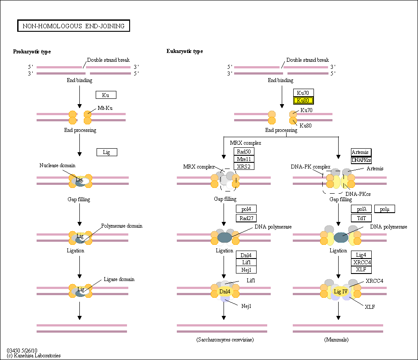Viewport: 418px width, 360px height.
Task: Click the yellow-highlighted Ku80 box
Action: pos(303,101)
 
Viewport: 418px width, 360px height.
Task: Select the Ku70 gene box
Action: pos(303,93)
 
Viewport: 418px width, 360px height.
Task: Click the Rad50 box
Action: pos(244,151)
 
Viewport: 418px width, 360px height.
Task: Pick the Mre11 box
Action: pos(244,159)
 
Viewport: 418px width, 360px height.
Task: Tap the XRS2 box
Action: pos(244,166)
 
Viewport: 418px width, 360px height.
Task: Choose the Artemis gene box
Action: pos(361,152)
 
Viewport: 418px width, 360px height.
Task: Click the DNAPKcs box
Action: pos(361,160)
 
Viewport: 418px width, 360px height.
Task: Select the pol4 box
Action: pos(246,209)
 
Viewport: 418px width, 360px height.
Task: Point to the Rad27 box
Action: pos(246,218)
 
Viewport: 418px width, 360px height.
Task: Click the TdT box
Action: pos(361,218)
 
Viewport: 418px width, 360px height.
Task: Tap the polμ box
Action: pos(384,209)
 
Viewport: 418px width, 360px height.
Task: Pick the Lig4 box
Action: pos(361,255)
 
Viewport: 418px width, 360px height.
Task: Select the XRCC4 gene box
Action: pos(361,262)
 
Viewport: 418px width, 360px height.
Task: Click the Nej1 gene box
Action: pos(246,270)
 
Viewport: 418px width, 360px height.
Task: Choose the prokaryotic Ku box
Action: pos(106,95)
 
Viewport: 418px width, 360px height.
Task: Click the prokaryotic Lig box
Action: pos(107,152)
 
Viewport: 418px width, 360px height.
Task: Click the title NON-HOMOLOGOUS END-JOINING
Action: pos(74,26)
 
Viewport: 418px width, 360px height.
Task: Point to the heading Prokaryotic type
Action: pos(32,52)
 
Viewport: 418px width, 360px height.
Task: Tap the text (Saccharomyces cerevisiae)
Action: pos(225,340)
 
